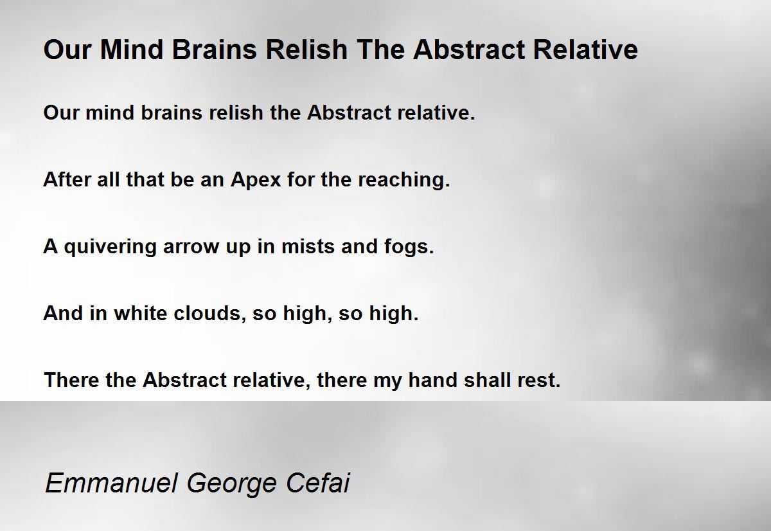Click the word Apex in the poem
pyautogui.click(x=256, y=181)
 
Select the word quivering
pyautogui.click(x=110, y=248)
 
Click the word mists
pyautogui.click(x=308, y=247)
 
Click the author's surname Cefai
pyautogui.click(x=317, y=483)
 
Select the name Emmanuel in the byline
pyautogui.click(x=112, y=483)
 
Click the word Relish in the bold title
pyautogui.click(x=306, y=50)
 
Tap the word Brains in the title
pyautogui.click(x=214, y=50)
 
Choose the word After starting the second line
pyautogui.click(x=67, y=180)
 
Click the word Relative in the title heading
pyautogui.click(x=585, y=50)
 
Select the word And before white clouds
pyautogui.click(x=64, y=313)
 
